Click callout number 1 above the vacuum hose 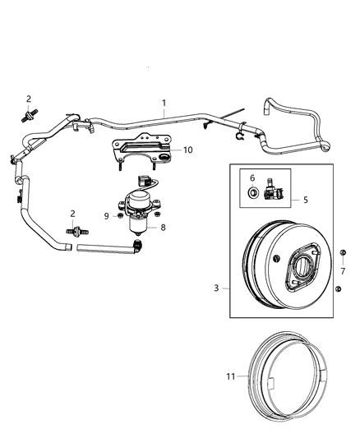coord(164,103)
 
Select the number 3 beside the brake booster coord(217,288)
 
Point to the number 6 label coord(253,178)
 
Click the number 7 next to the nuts coord(342,270)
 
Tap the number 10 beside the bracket coord(187,150)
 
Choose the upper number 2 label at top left coord(29,99)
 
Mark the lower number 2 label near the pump coord(73,214)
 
